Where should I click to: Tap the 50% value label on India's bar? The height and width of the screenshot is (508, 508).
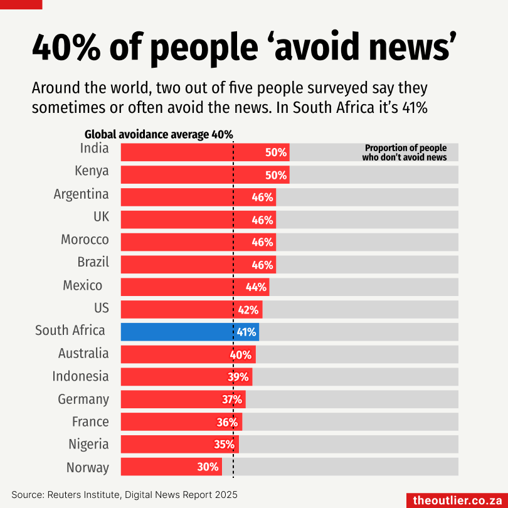pos(276,152)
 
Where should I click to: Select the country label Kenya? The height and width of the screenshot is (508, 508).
pos(92,171)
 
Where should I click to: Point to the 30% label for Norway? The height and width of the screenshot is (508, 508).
pos(208,467)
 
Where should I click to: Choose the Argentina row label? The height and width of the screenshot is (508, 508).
pos(81,194)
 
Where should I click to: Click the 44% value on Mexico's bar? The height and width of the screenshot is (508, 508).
pos(256,287)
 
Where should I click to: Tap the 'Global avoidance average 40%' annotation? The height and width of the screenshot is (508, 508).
pos(159,134)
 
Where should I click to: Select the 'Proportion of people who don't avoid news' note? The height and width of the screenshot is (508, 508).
pos(405,153)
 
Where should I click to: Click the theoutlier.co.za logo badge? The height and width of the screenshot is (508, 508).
pos(457,500)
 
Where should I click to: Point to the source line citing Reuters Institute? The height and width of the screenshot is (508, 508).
pos(124,494)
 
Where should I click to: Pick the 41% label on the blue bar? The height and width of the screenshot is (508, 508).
pos(246,332)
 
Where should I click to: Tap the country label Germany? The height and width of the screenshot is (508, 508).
pos(83,399)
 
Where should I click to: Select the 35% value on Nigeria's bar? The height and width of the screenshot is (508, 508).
pos(225,445)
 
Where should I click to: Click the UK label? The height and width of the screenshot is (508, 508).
pos(101,217)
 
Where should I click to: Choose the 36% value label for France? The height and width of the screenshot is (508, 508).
pos(228,422)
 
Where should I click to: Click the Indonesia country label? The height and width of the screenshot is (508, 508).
pos(80,376)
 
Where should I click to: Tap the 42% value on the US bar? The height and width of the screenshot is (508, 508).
pos(248,310)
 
